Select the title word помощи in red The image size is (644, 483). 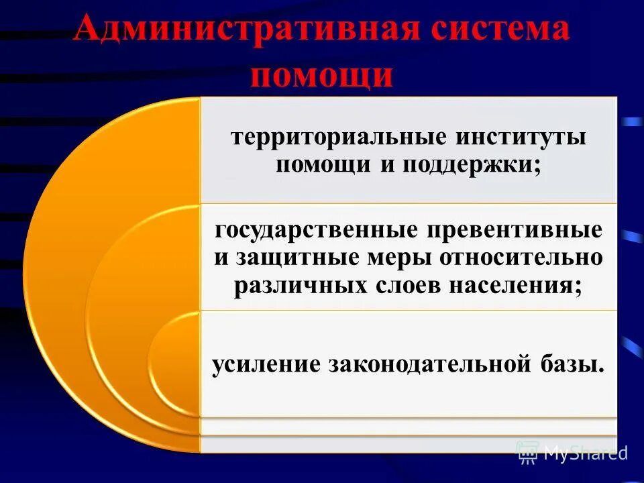tap(321, 75)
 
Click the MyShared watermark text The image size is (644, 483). tap(586, 453)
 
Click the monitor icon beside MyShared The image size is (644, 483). tap(528, 453)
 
